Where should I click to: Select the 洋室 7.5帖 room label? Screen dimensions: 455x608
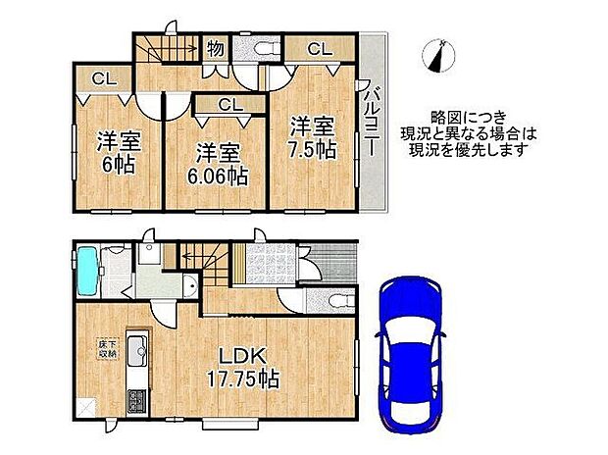tap(312, 137)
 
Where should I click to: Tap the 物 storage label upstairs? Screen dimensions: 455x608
tap(215, 47)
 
